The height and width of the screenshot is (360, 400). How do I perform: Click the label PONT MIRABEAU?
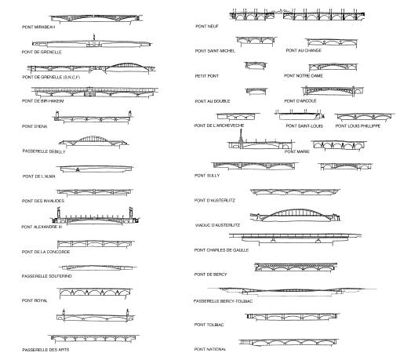[38, 27]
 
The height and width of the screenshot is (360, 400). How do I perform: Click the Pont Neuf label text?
[207, 26]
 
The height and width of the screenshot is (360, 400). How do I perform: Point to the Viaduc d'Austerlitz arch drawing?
[295, 215]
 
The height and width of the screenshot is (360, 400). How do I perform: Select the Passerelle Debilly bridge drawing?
[93, 141]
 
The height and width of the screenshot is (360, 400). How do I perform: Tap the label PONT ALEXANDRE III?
[42, 227]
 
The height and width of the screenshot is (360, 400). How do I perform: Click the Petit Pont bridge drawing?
[256, 65]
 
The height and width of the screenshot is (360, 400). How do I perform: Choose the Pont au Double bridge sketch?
[256, 91]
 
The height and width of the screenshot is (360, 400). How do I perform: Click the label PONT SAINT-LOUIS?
[304, 126]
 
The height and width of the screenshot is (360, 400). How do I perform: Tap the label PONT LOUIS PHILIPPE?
[358, 126]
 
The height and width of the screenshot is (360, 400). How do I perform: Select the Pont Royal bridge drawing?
[95, 293]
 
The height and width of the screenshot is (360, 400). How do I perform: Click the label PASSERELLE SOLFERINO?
[47, 276]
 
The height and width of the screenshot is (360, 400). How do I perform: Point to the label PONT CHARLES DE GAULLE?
[221, 250]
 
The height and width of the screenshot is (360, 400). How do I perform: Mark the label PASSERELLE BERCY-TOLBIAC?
[223, 301]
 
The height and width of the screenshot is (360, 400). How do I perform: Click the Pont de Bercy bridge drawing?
[296, 267]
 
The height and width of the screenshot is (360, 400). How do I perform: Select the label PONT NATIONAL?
[210, 349]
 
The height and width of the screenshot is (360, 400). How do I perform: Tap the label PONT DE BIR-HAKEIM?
[43, 101]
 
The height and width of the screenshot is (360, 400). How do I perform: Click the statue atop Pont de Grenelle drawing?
[94, 37]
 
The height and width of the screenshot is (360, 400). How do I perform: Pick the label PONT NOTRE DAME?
[304, 76]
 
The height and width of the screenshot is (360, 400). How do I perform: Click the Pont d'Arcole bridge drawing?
[333, 91]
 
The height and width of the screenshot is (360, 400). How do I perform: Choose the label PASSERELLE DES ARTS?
[45, 350]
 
